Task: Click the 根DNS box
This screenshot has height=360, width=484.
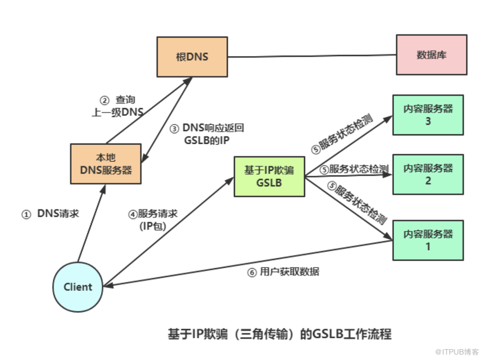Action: click(x=192, y=57)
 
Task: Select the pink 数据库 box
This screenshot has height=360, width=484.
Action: click(x=431, y=55)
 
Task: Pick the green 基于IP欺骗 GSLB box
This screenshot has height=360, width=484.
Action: click(x=269, y=176)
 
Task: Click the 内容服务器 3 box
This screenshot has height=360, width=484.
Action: click(x=428, y=115)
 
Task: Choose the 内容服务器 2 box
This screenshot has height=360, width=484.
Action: click(x=428, y=174)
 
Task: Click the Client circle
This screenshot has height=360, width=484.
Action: click(x=78, y=287)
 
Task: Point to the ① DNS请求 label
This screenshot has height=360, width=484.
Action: click(x=50, y=214)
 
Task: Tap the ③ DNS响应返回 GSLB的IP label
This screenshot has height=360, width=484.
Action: click(x=207, y=134)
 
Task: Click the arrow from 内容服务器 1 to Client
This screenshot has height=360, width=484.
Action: click(x=245, y=264)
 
